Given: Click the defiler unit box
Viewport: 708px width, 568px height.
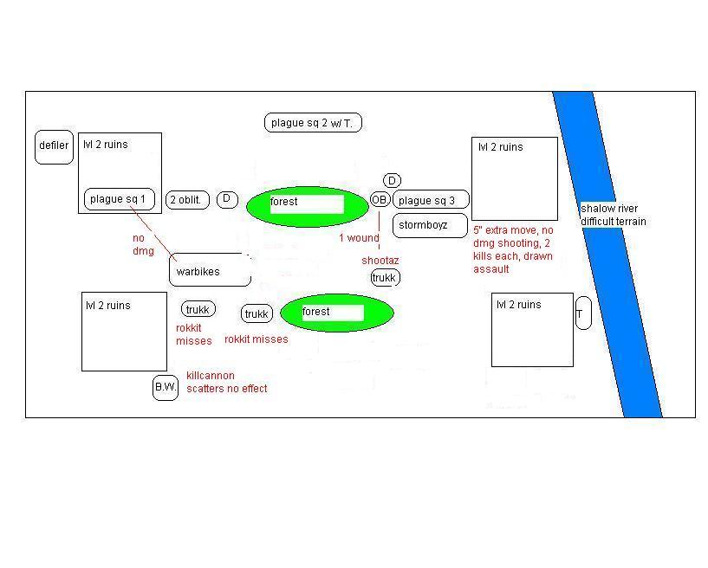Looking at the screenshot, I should tap(53, 147).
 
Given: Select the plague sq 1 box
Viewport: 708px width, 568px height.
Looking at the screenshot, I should tap(119, 199).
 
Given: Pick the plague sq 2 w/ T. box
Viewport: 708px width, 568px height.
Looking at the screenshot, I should tap(312, 123).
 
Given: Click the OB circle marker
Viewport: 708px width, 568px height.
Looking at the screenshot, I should tap(380, 200).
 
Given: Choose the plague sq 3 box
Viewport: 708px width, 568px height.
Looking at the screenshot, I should tap(431, 200).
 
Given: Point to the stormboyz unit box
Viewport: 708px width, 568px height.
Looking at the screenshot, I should tap(430, 225).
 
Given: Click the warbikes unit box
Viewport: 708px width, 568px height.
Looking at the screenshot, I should tap(209, 271).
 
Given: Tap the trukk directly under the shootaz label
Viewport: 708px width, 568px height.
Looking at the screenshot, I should tap(385, 278).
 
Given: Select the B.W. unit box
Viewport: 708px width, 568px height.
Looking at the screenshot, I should tap(165, 388).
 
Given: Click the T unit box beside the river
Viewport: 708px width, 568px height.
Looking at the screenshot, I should tap(582, 313).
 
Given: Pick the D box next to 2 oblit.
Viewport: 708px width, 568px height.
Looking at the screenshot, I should tap(227, 200).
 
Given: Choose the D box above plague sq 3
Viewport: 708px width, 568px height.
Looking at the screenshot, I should tap(392, 180).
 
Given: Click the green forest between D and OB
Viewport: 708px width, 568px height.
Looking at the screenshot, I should tap(308, 206).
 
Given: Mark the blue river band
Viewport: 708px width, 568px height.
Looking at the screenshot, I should tap(607, 260).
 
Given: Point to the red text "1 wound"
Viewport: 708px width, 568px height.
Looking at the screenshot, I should tap(359, 238).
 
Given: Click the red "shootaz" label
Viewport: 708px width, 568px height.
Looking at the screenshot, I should tap(380, 260).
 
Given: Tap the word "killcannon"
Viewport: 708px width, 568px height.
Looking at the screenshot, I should tap(210, 376).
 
